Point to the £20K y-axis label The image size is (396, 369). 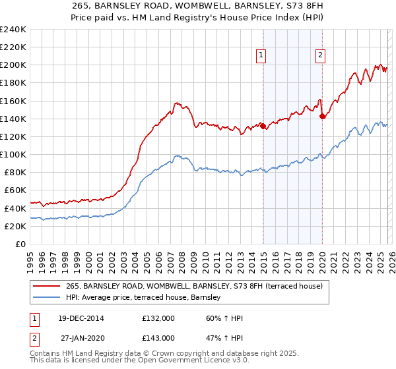pos(13,226)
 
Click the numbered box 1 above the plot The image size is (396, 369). pos(262,56)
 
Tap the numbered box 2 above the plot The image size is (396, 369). pos(320,56)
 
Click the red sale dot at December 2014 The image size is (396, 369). pos(263,126)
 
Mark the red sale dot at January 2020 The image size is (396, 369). pos(322,116)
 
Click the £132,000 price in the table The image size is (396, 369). pos(158,318)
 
